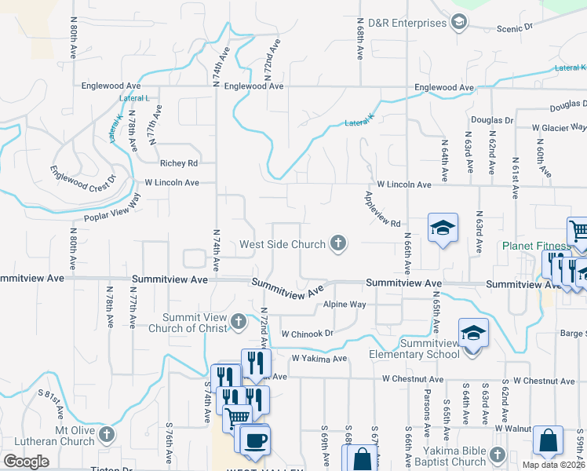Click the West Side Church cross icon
click(x=338, y=244)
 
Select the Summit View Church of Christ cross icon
click(x=239, y=322)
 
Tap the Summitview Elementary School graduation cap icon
click(x=473, y=334)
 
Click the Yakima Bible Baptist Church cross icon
click(x=497, y=455)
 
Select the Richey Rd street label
click(x=177, y=163)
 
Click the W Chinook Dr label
click(x=308, y=333)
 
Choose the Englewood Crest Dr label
click(x=82, y=183)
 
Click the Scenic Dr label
click(x=514, y=27)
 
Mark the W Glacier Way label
click(x=558, y=126)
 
